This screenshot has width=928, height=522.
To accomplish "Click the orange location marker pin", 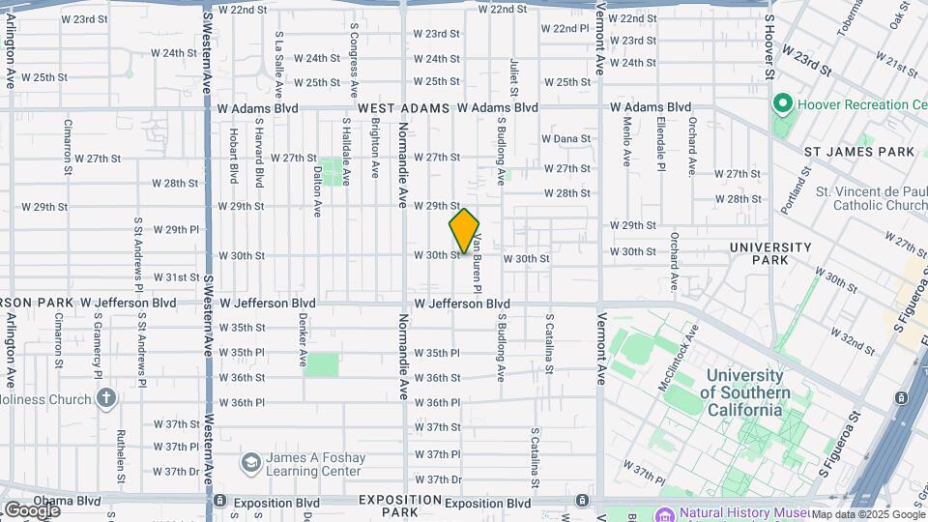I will [x=464, y=230].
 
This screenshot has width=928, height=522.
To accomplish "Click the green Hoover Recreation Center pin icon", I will [x=782, y=103].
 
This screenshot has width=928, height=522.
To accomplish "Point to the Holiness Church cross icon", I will [x=106, y=397].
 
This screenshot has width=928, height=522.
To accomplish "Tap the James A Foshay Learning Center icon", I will [x=250, y=463].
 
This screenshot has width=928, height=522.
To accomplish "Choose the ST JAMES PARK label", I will [x=859, y=152].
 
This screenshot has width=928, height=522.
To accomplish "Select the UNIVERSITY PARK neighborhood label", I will [x=770, y=253].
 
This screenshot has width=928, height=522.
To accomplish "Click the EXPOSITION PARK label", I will [x=400, y=506].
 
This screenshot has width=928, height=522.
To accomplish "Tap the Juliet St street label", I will [x=513, y=77].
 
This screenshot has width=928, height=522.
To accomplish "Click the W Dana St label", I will [x=565, y=138].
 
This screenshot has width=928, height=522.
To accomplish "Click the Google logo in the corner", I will [x=32, y=510].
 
